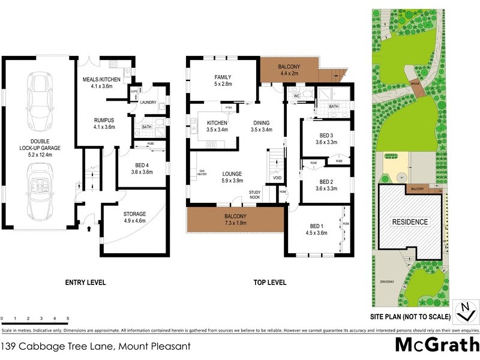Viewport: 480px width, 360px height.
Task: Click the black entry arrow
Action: click(x=89, y=229)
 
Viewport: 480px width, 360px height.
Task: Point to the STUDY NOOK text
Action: click(x=255, y=194)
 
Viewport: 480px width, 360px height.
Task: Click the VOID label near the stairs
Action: click(x=277, y=178)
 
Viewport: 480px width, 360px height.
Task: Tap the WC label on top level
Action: click(x=296, y=96)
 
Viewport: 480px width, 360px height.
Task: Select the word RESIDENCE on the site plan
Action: click(x=410, y=222)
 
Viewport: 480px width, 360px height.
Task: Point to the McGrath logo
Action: click(x=436, y=345)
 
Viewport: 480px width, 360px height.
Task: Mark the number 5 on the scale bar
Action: click(x=68, y=318)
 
